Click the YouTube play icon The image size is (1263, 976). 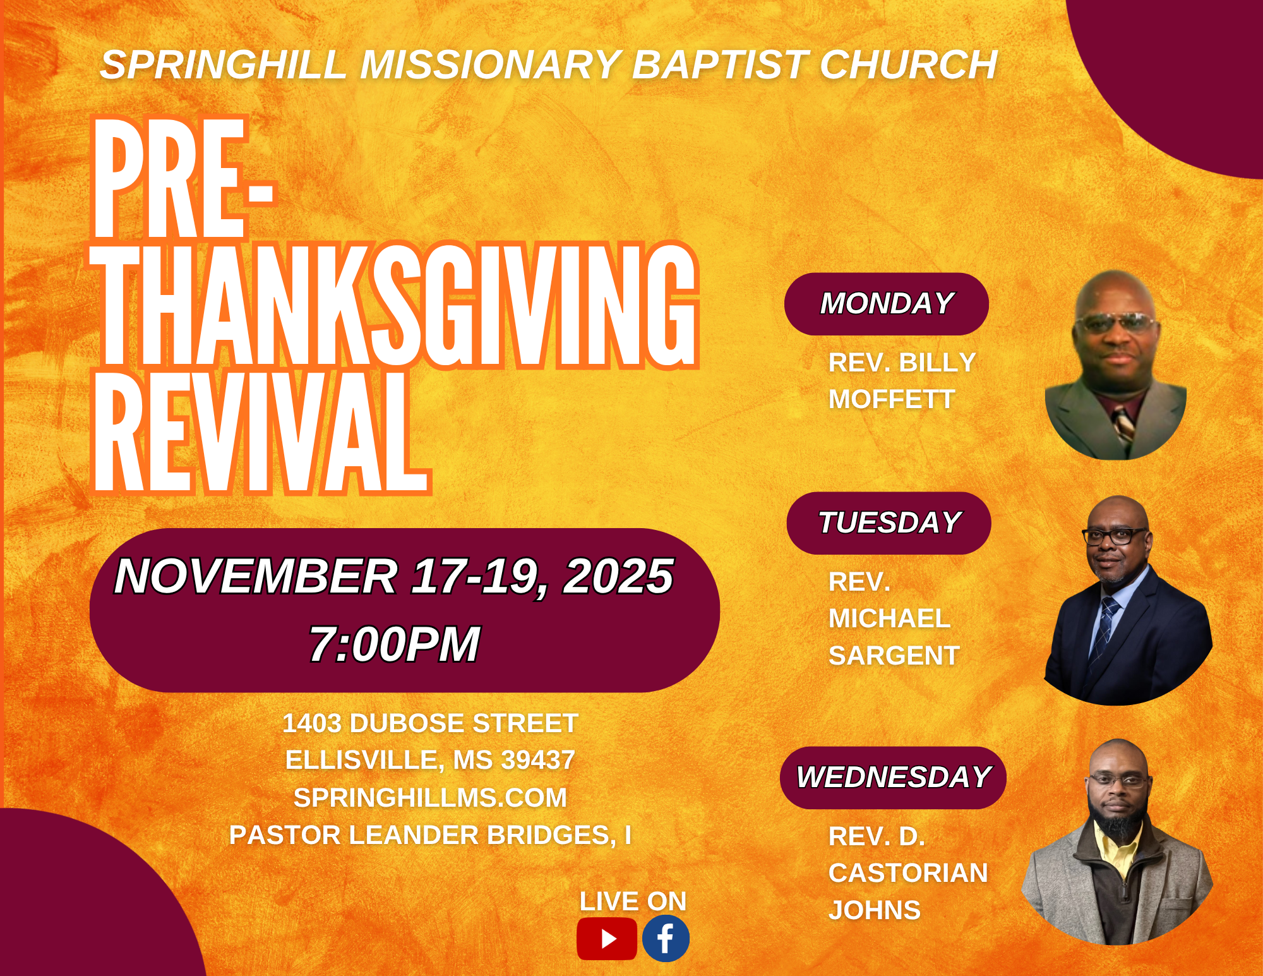(x=606, y=939)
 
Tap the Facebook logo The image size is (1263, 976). (x=666, y=939)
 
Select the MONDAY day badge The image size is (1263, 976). (x=887, y=304)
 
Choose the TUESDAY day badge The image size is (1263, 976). (x=889, y=523)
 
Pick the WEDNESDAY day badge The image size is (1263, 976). (x=893, y=778)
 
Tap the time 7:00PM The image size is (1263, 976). (x=394, y=644)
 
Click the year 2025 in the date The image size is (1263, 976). (x=618, y=576)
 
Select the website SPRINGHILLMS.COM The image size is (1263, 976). (x=430, y=798)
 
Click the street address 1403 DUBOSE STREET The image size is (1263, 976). (x=430, y=723)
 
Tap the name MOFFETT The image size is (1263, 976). (x=891, y=399)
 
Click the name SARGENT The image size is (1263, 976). (x=894, y=656)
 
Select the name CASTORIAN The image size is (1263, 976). (x=908, y=873)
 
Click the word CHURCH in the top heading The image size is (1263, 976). (x=909, y=64)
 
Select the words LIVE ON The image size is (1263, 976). (x=633, y=901)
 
